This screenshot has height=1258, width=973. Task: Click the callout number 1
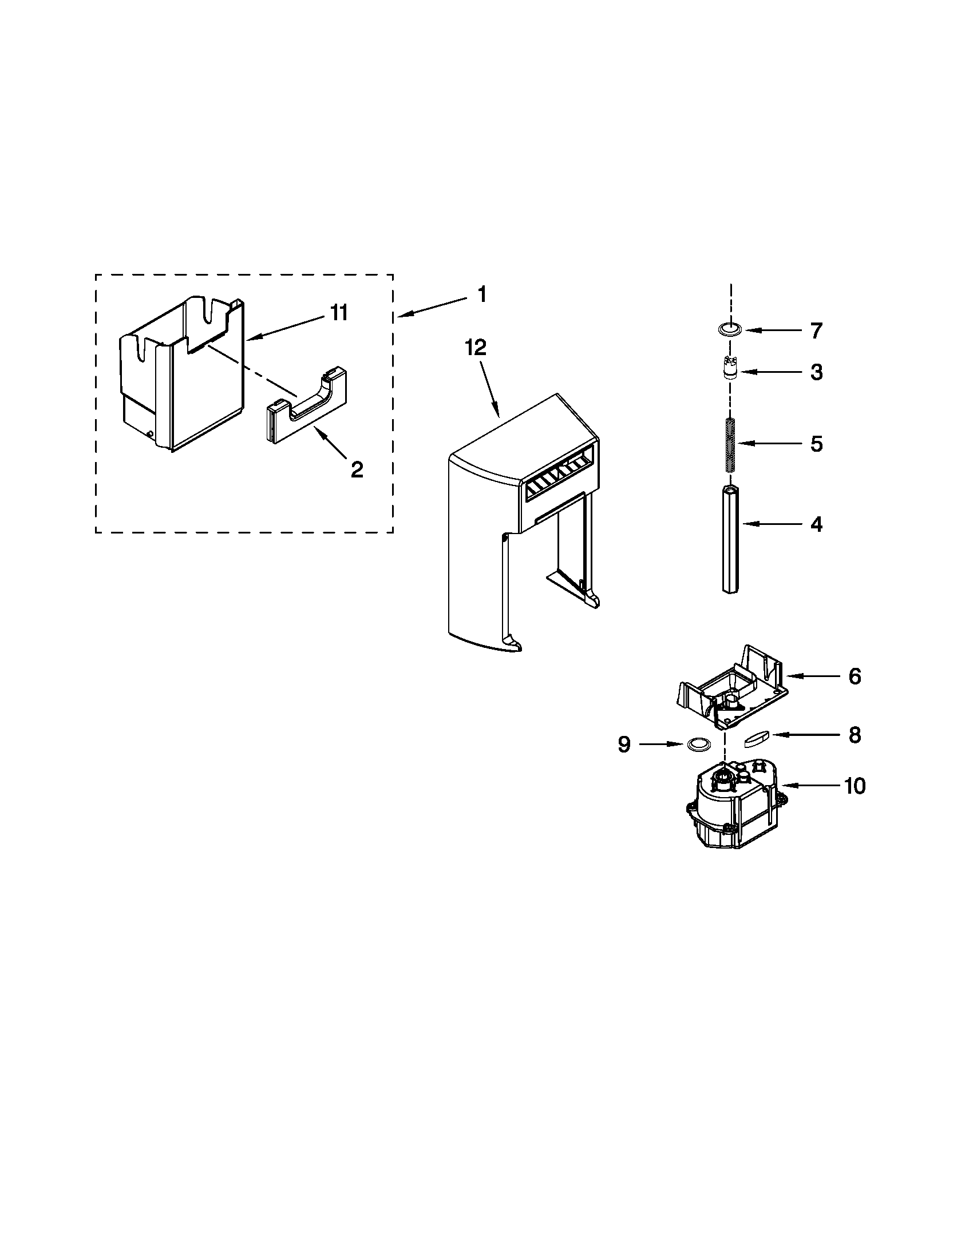tap(482, 295)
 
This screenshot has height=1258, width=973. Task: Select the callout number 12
tap(477, 347)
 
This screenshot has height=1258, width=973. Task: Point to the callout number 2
tap(357, 470)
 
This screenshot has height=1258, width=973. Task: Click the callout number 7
tap(816, 331)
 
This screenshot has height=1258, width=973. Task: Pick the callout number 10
tap(855, 786)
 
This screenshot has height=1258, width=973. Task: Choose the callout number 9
tap(624, 745)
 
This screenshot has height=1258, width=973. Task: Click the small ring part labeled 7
tap(729, 329)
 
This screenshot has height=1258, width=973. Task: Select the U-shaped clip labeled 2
tap(307, 413)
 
